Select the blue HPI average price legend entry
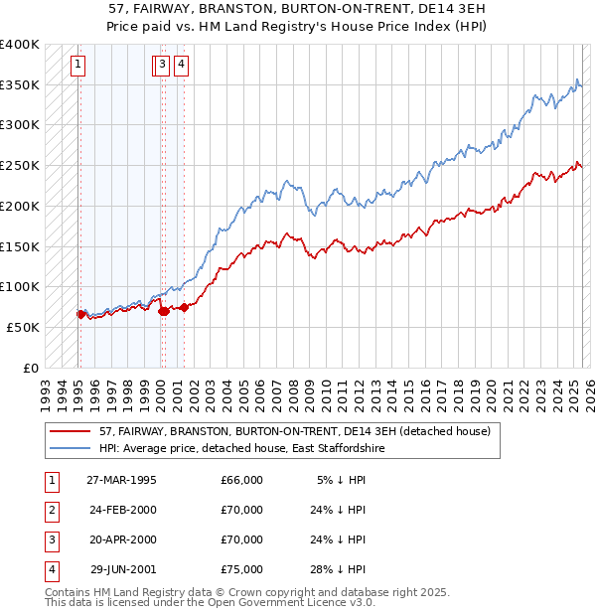point(248,449)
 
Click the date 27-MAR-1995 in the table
point(122,480)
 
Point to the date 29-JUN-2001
point(122,569)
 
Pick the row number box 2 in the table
point(50,510)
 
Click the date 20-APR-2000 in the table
point(122,539)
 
